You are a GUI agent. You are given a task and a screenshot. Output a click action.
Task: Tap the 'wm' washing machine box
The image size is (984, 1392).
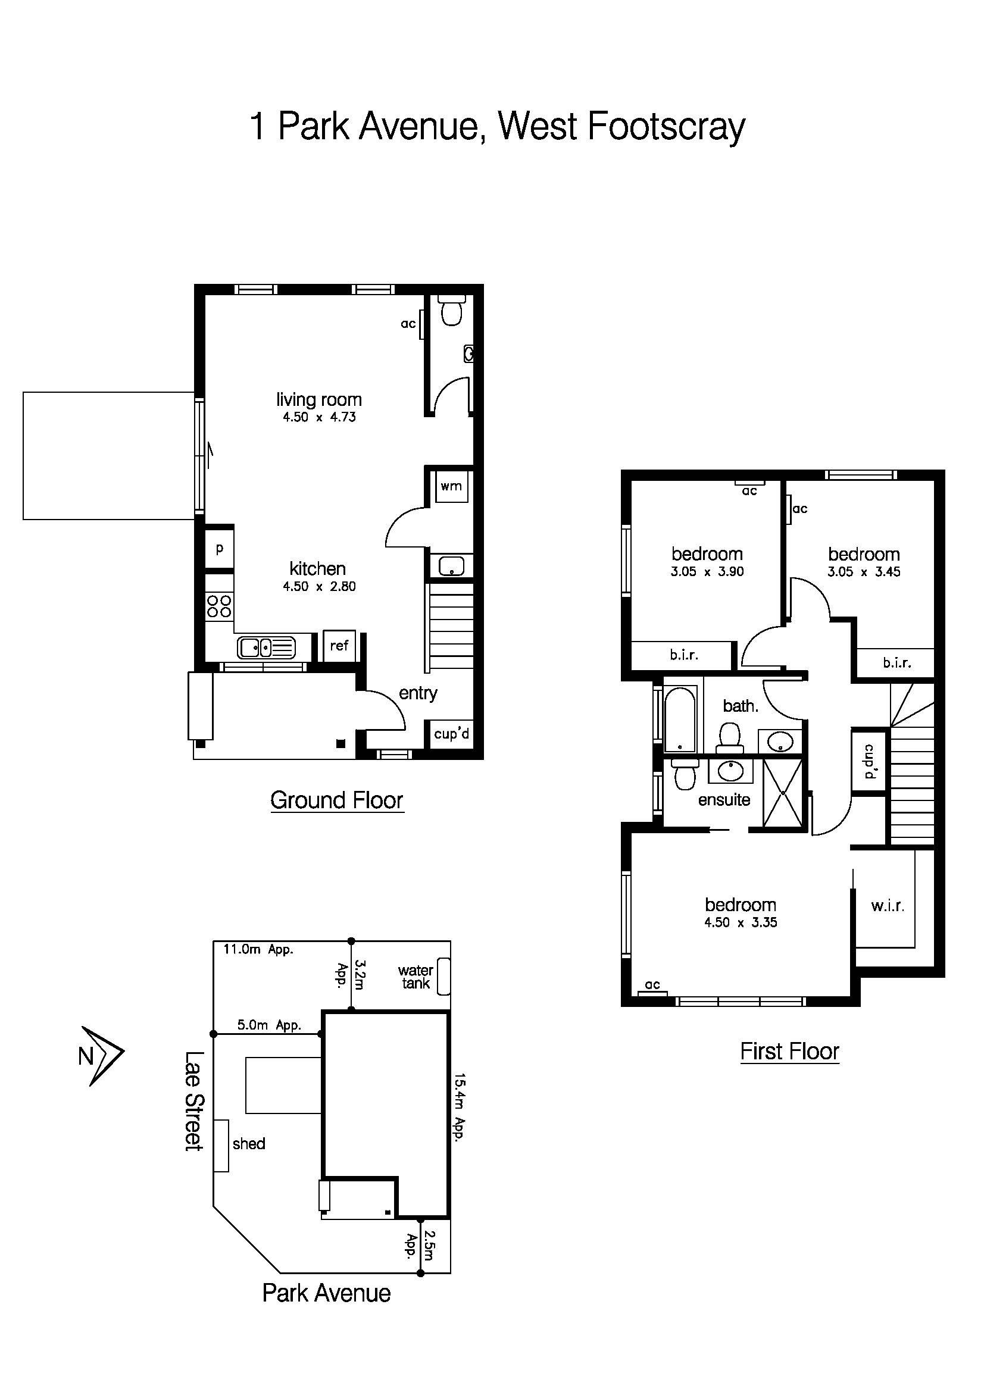click(451, 486)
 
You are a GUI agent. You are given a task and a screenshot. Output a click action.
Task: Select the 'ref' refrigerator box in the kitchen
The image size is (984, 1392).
click(339, 646)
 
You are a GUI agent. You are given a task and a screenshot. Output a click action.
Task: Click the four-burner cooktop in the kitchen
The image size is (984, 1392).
click(219, 606)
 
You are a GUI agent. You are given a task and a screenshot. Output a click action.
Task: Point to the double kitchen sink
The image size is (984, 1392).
click(266, 647)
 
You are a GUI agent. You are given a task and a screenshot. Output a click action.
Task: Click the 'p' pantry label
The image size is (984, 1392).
click(220, 549)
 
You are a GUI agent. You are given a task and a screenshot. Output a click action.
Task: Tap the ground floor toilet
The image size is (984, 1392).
click(451, 311)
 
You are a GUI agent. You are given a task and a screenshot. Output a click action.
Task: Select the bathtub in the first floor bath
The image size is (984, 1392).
click(681, 719)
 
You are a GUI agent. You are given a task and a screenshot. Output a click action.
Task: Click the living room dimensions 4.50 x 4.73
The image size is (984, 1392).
click(319, 417)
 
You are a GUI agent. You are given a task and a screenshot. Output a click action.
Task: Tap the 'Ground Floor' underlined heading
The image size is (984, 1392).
click(336, 800)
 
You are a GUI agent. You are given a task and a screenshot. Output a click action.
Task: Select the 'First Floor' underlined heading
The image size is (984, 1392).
click(789, 1051)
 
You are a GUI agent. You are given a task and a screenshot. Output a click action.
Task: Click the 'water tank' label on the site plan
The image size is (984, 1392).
click(416, 977)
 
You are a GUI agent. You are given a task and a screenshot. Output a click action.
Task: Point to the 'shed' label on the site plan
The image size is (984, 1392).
click(249, 1143)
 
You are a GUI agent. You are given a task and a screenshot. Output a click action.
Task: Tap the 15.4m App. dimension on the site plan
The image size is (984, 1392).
click(460, 1108)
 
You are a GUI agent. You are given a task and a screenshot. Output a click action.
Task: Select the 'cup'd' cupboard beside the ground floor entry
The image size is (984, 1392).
click(451, 734)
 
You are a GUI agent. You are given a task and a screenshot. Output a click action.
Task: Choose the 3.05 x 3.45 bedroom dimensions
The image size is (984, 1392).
click(863, 572)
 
